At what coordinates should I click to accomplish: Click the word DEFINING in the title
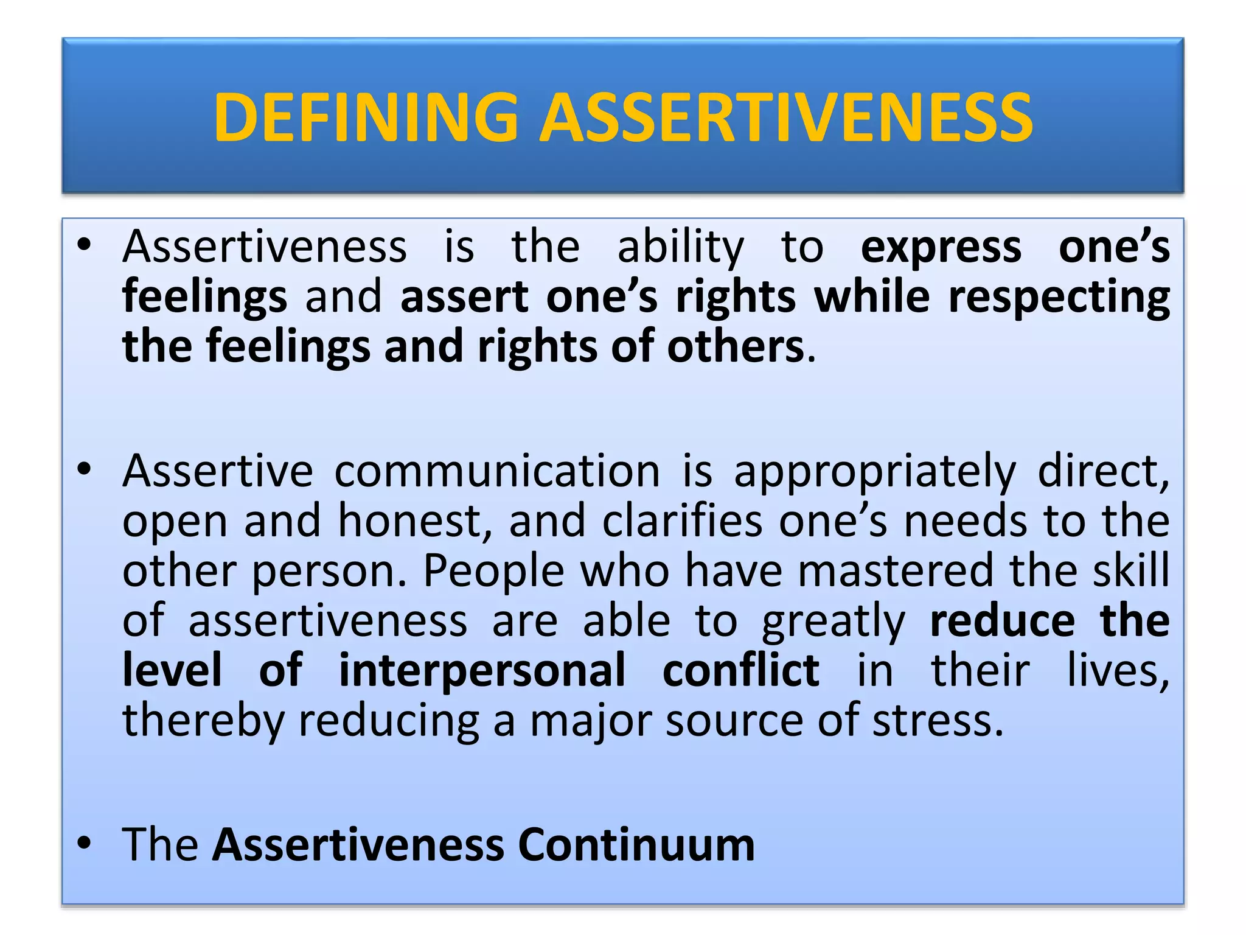click(366, 117)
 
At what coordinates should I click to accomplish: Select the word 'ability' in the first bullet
click(680, 248)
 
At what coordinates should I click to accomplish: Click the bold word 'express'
click(941, 248)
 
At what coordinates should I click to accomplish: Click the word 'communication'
click(497, 471)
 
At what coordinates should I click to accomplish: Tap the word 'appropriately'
click(874, 472)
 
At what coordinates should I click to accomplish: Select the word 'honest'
click(411, 521)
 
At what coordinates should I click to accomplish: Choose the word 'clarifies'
click(681, 521)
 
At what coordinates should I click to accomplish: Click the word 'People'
click(493, 571)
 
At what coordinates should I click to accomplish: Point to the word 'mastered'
click(894, 571)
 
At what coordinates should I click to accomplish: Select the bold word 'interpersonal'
click(482, 671)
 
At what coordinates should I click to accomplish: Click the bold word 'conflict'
click(740, 671)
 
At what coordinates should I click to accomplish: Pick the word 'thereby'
click(203, 721)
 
